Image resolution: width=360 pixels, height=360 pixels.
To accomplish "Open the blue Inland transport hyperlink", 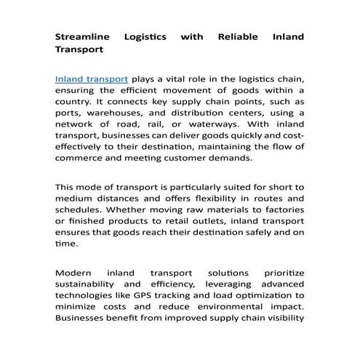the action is click(92, 79).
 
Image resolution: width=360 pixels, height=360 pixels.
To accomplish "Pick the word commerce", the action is click(81, 157).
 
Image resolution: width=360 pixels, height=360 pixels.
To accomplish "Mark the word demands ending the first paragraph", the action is click(231, 157).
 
